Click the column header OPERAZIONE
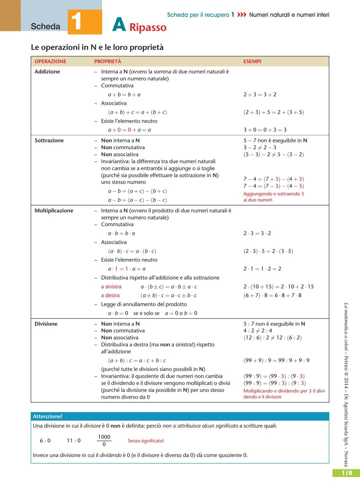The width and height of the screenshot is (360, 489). pos(50,61)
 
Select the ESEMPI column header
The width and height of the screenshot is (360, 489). pos(252,61)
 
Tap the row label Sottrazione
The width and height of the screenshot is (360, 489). pos(49,140)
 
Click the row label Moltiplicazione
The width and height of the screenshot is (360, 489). pos(54,210)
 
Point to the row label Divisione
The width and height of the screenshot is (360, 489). pos(46,324)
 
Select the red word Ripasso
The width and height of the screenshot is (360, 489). pos(148,27)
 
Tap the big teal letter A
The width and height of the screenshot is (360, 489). pos(119,25)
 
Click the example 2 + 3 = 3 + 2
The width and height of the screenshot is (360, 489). pos(260,95)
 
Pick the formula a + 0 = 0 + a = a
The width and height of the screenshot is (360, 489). pos(129,130)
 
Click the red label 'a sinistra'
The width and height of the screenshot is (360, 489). pos(111,287)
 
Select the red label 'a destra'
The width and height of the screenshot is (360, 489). pos(110,296)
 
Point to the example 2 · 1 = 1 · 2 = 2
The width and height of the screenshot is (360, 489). pos(262,269)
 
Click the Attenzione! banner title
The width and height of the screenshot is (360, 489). pos(48,416)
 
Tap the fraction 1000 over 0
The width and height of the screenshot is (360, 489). pos(104,441)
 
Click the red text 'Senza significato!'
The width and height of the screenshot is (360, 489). pos(146,441)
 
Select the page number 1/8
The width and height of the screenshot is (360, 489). pos(347,473)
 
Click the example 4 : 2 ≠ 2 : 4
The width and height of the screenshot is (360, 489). pos(258,331)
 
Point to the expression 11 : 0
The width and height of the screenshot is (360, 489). pos(74,441)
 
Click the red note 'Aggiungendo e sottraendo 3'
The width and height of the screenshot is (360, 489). pos(273,194)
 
